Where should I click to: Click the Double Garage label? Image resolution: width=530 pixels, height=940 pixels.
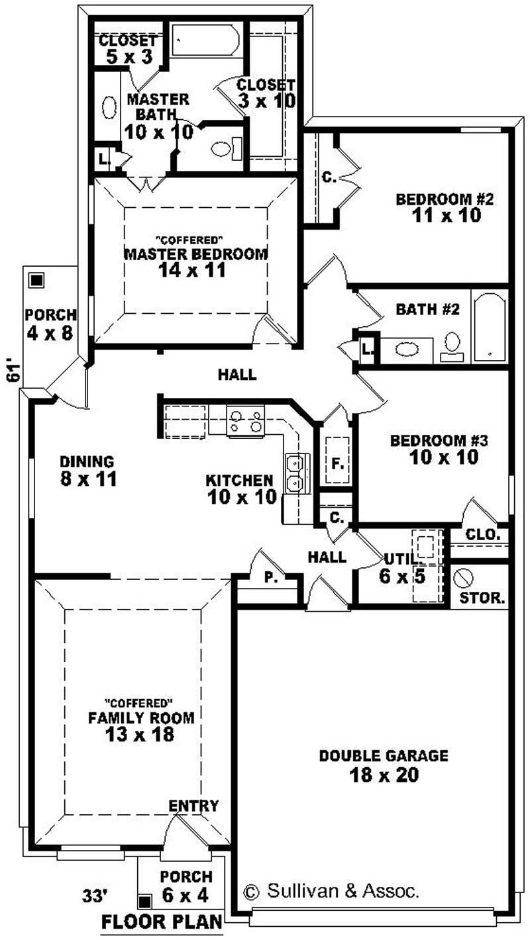click(x=384, y=755)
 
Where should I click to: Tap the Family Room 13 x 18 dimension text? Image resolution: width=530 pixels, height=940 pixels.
click(x=141, y=734)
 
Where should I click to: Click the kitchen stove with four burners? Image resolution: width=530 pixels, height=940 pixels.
click(x=245, y=421)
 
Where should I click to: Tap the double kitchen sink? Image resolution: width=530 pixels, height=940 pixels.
click(x=295, y=473)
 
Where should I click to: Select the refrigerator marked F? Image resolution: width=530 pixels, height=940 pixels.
click(x=337, y=461)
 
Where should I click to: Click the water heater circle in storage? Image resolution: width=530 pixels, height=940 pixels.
click(x=462, y=578)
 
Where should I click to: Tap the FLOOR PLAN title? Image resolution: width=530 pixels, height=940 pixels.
click(x=162, y=922)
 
